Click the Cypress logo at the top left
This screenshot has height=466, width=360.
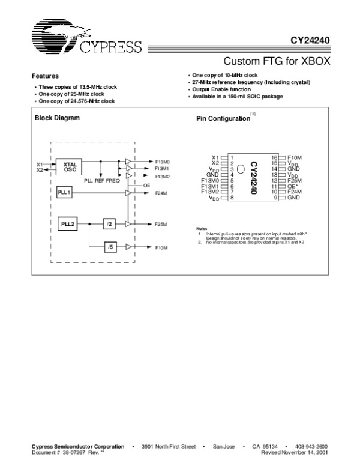[84, 41]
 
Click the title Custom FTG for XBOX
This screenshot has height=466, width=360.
[277, 61]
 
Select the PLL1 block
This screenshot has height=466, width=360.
[64, 192]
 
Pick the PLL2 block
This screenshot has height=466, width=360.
[67, 223]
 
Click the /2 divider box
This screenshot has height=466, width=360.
[109, 223]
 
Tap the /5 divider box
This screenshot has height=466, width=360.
[109, 247]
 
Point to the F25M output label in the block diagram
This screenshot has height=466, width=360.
[160, 224]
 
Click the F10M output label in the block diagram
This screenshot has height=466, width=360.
[160, 247]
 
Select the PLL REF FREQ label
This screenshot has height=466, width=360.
[102, 180]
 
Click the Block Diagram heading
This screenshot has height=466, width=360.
[57, 118]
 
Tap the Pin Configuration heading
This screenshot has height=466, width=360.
[223, 119]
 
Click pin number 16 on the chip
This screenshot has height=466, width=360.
[274, 157]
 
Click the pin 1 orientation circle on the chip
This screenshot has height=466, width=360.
[241, 170]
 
